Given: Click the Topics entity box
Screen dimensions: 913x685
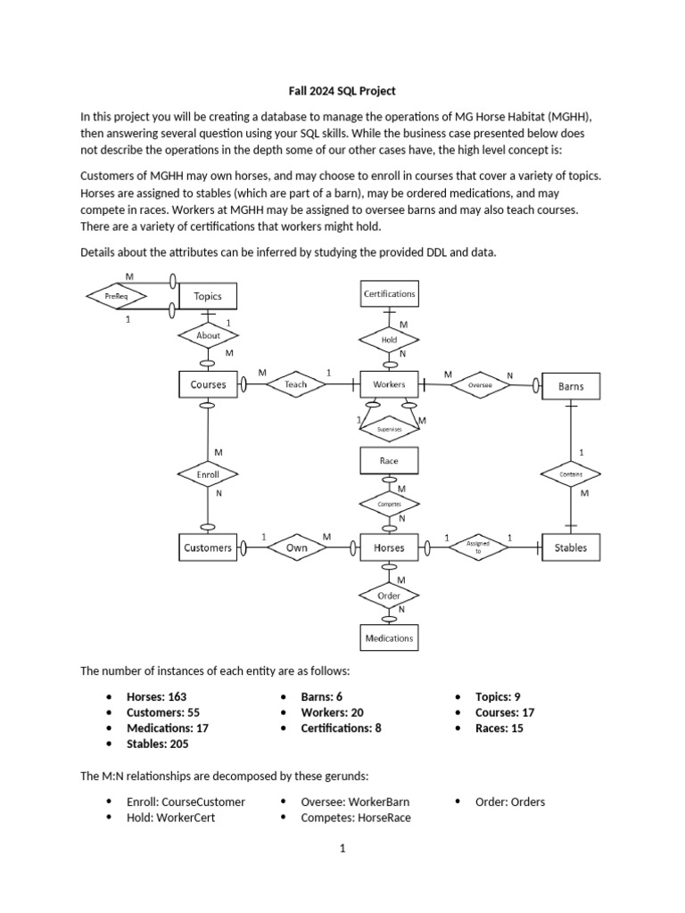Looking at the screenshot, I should [x=208, y=295].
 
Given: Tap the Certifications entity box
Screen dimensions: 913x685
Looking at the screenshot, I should [x=389, y=292].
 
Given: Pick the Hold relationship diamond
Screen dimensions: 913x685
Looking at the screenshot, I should [x=389, y=340].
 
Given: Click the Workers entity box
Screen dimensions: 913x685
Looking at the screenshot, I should [x=389, y=385].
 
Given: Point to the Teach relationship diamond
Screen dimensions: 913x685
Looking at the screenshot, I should [x=295, y=384].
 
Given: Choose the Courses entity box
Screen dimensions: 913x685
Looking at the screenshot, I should [x=208, y=385].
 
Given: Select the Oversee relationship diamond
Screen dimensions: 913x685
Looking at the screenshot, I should [x=480, y=385].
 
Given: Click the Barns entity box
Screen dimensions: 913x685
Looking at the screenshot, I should [x=571, y=386].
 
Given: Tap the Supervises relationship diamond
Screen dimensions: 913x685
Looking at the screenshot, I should [x=389, y=429].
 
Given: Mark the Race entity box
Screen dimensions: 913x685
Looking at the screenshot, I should [x=389, y=460].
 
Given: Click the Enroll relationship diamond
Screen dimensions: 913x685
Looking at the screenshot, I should [x=208, y=475].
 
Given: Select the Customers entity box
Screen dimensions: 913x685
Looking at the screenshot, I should [x=208, y=547].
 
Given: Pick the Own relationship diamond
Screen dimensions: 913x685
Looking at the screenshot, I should [x=296, y=547].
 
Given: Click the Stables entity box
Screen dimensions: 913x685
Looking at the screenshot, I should [x=571, y=547].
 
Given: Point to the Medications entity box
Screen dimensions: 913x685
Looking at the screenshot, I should [x=389, y=637].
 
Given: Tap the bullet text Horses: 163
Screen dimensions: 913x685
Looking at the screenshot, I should [x=157, y=696].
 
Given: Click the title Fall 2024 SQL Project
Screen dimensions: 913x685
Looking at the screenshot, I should [x=342, y=91].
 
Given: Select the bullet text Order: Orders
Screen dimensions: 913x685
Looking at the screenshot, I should [x=509, y=801].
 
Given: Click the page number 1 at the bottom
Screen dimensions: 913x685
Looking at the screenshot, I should [x=342, y=850].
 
